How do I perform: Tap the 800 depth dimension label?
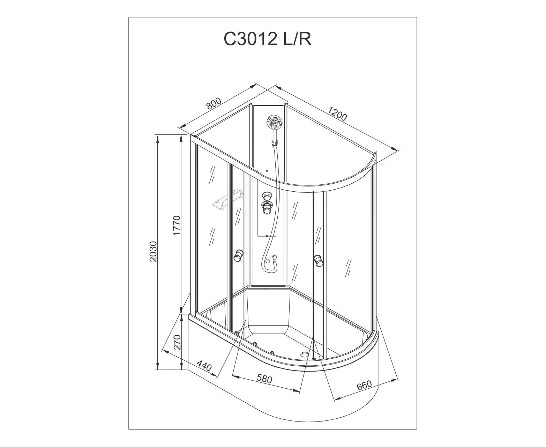coord(214,103)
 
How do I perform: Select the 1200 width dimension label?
coord(337,114)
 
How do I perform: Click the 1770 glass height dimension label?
coord(177,225)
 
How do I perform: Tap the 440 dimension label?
coord(204,366)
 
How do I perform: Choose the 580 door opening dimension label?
coord(264,379)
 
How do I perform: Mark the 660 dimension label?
coord(364,385)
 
